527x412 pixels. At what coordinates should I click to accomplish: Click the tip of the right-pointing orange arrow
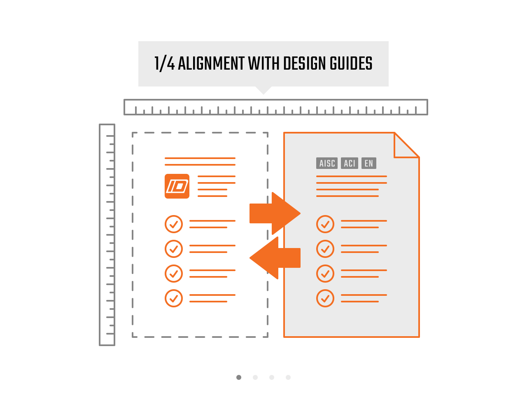point(300,213)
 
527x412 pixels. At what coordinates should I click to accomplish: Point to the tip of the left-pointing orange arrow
point(250,258)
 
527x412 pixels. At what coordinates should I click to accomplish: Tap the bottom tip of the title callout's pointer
point(263,94)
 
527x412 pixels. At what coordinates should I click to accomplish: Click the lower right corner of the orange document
point(419,337)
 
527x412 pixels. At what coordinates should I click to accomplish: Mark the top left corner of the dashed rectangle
point(133,133)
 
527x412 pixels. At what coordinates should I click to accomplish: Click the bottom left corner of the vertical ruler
point(100,345)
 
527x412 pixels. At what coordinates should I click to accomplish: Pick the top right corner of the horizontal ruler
point(427,99)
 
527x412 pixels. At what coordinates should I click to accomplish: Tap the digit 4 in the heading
point(171,63)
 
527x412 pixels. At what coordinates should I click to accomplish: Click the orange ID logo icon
point(177,186)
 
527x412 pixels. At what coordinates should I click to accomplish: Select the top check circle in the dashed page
point(174,224)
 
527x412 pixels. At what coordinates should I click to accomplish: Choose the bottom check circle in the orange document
point(325,298)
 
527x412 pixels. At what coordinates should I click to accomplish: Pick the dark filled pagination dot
point(239,377)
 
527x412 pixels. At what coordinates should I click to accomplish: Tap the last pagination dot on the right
point(288,377)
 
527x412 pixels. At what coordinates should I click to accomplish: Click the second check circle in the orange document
point(325,249)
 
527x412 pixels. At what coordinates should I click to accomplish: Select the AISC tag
point(327,163)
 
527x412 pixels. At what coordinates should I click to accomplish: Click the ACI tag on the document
point(350,163)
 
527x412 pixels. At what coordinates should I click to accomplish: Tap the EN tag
point(369,163)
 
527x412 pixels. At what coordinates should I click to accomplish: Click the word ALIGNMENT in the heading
point(211,63)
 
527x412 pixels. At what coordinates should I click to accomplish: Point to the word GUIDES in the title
point(351,63)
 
